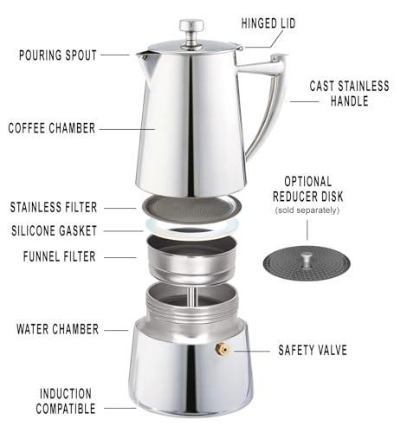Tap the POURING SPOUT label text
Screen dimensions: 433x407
(58, 54)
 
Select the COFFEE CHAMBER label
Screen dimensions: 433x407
(52, 128)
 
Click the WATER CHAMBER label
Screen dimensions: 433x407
(58, 329)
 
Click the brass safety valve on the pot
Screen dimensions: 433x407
(222, 349)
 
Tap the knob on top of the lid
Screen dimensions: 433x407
(189, 29)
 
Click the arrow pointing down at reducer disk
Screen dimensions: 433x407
(309, 230)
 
